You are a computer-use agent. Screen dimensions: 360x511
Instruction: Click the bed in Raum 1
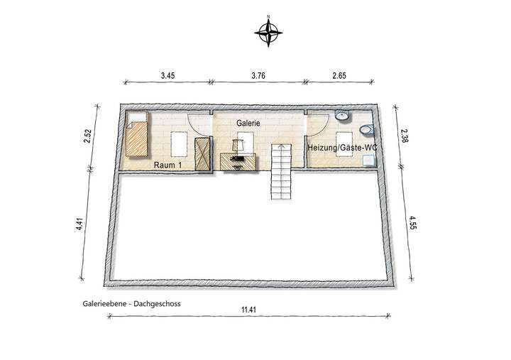137,138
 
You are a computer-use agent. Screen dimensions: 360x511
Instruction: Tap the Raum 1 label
168,165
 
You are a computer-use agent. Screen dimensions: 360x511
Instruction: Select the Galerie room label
248,123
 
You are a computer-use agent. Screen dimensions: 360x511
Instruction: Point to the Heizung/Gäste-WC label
341,147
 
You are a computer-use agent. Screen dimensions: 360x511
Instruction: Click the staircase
281,170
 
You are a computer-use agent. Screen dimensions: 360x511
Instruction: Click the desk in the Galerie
237,162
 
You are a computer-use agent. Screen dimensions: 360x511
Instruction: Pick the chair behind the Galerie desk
239,146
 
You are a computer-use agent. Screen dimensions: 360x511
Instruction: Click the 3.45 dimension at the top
167,73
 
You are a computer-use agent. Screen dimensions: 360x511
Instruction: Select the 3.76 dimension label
258,73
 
